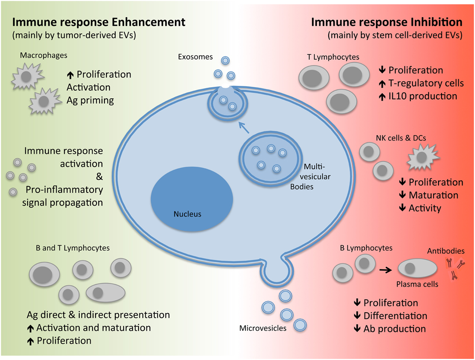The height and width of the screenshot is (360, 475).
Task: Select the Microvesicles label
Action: click(263, 328)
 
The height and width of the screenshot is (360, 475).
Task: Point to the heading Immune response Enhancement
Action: click(99, 22)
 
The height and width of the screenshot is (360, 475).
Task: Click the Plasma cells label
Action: click(417, 285)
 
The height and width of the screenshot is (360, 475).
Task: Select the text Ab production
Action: click(395, 328)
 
